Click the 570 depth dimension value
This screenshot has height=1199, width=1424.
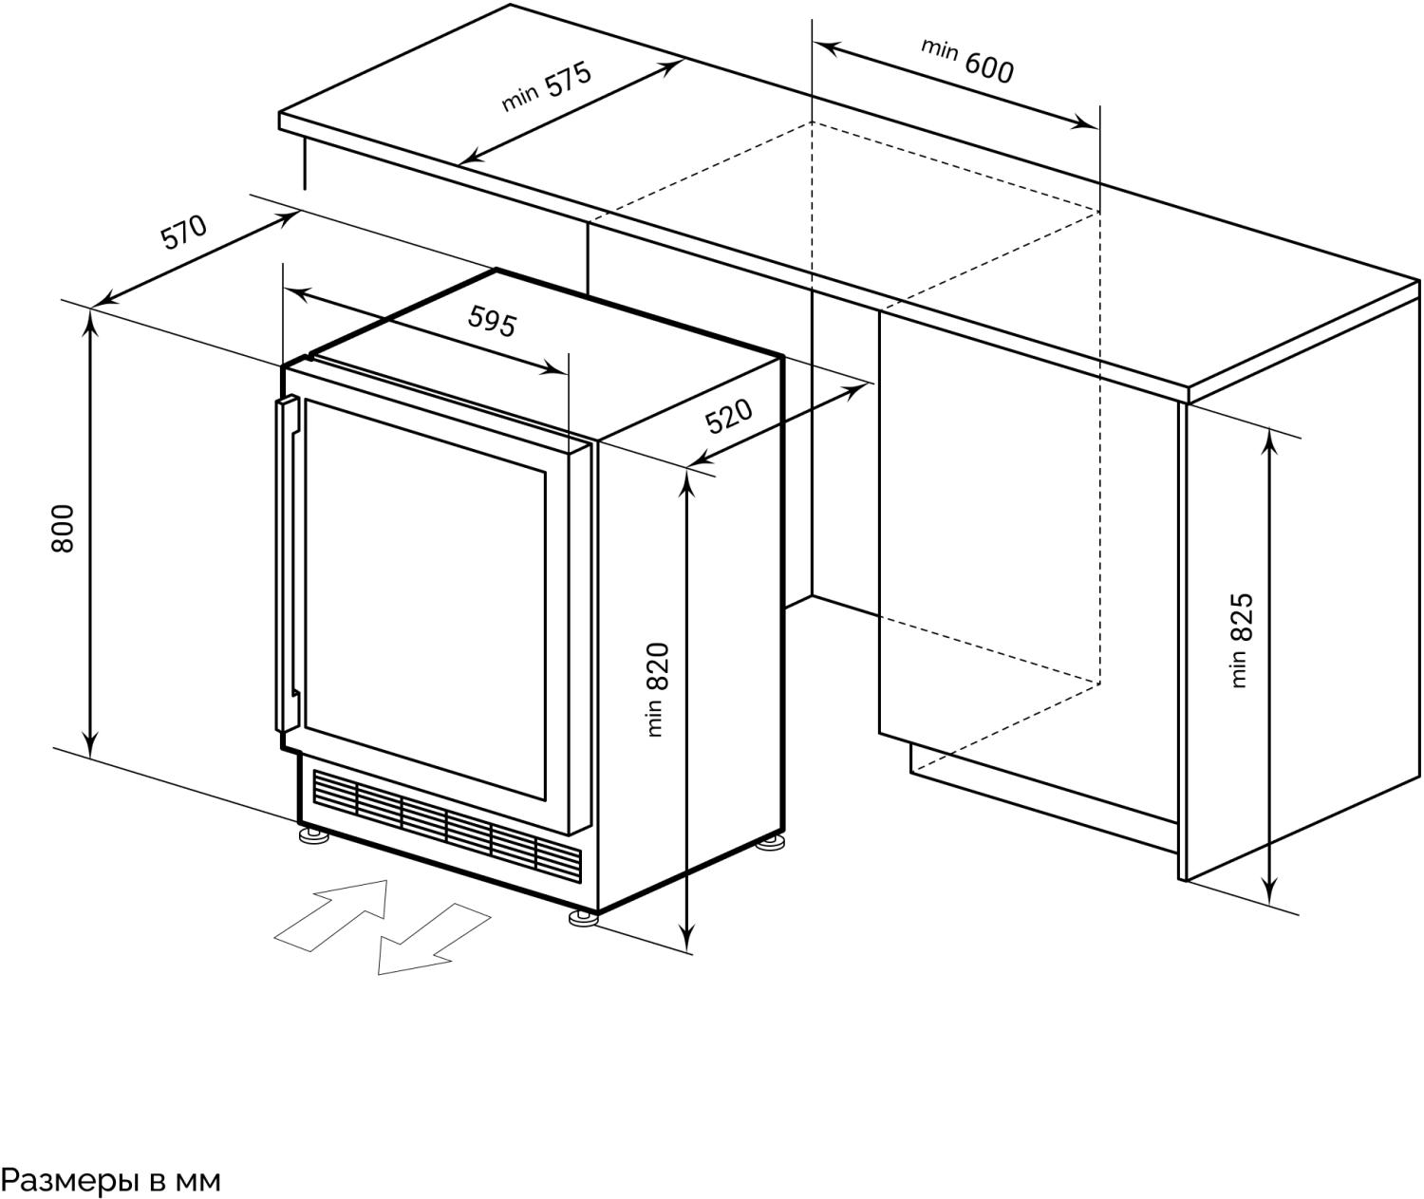pos(183,232)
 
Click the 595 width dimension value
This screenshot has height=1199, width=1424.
pos(493,323)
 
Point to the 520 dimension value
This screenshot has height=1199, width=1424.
pos(728,416)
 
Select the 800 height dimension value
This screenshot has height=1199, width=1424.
pos(63,529)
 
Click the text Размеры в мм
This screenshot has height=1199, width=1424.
pos(111,1180)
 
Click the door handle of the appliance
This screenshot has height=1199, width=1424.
pos(287,564)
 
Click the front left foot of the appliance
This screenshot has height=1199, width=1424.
pos(312,836)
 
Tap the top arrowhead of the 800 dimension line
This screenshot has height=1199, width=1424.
pos(91,319)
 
